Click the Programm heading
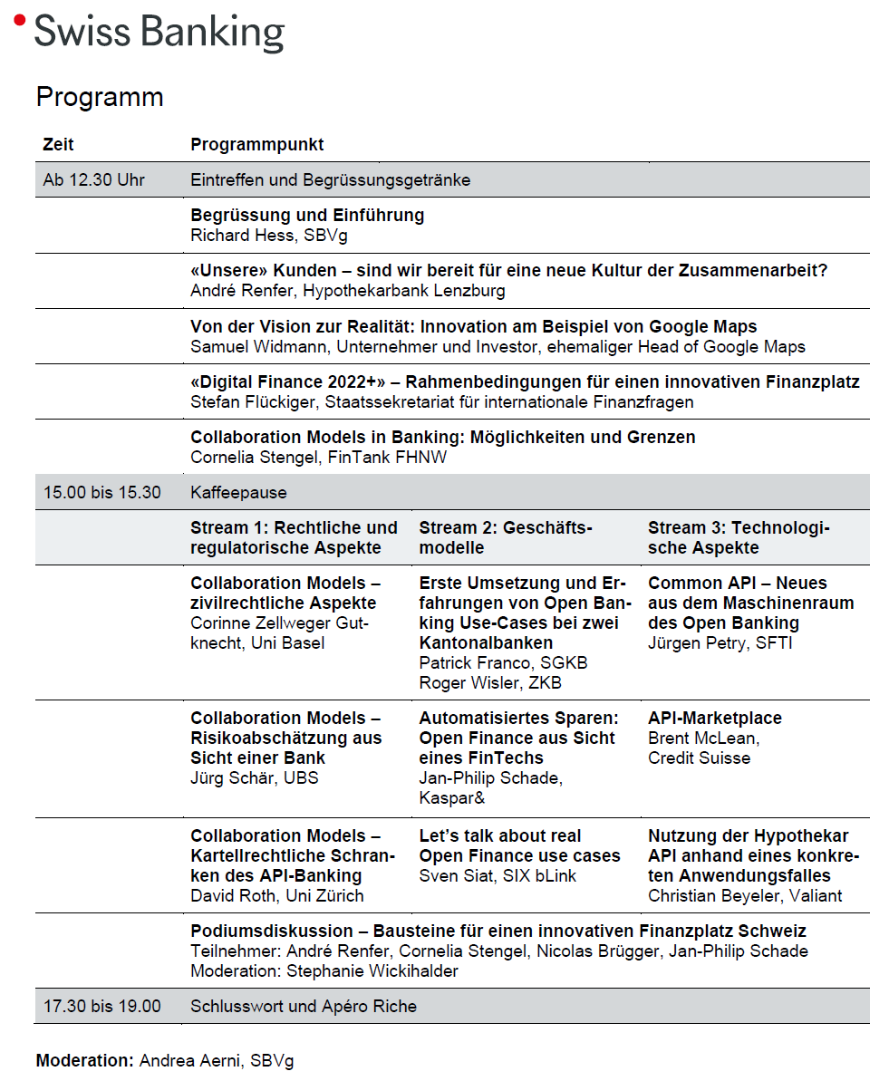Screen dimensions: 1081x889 pyautogui.click(x=100, y=97)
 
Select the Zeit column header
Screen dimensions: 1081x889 pyautogui.click(x=58, y=144)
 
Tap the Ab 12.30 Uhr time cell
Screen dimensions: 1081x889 pyautogui.click(x=93, y=179)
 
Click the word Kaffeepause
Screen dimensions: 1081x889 pyautogui.click(x=238, y=492)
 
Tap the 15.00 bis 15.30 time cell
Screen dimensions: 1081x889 pyautogui.click(x=101, y=492)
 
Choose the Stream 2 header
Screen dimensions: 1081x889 pyautogui.click(x=505, y=537)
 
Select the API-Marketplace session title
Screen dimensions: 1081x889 pyautogui.click(x=715, y=718)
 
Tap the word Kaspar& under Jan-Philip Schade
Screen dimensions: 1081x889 pyautogui.click(x=452, y=797)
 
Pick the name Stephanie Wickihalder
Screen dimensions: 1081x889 pyautogui.click(x=372, y=970)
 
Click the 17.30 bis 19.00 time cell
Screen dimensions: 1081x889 pyautogui.click(x=101, y=1006)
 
